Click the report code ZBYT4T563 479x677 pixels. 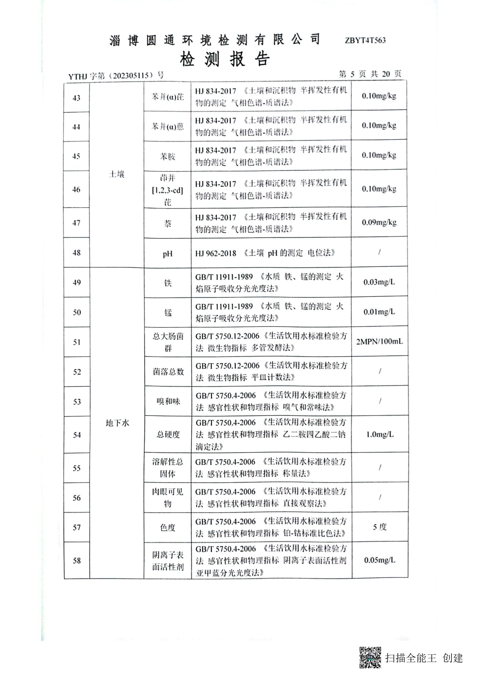point(365,41)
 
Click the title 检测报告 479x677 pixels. point(225,59)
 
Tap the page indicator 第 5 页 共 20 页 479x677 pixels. point(370,74)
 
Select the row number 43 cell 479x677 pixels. point(77,98)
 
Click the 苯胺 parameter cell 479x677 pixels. point(167,156)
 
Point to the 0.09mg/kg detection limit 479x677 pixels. point(379,222)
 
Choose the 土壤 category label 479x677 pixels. point(117,174)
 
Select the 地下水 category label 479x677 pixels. point(117,423)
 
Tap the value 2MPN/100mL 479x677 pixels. point(379,342)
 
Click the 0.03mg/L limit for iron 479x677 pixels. point(379,282)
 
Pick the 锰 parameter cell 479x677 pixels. point(168,313)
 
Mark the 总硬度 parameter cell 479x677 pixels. point(168,434)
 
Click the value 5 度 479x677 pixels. point(380,527)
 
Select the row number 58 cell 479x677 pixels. point(77,561)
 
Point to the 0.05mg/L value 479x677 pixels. point(380,560)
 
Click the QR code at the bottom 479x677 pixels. point(370,657)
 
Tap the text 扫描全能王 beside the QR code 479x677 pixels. point(411,658)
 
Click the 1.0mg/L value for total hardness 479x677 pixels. point(380,434)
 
